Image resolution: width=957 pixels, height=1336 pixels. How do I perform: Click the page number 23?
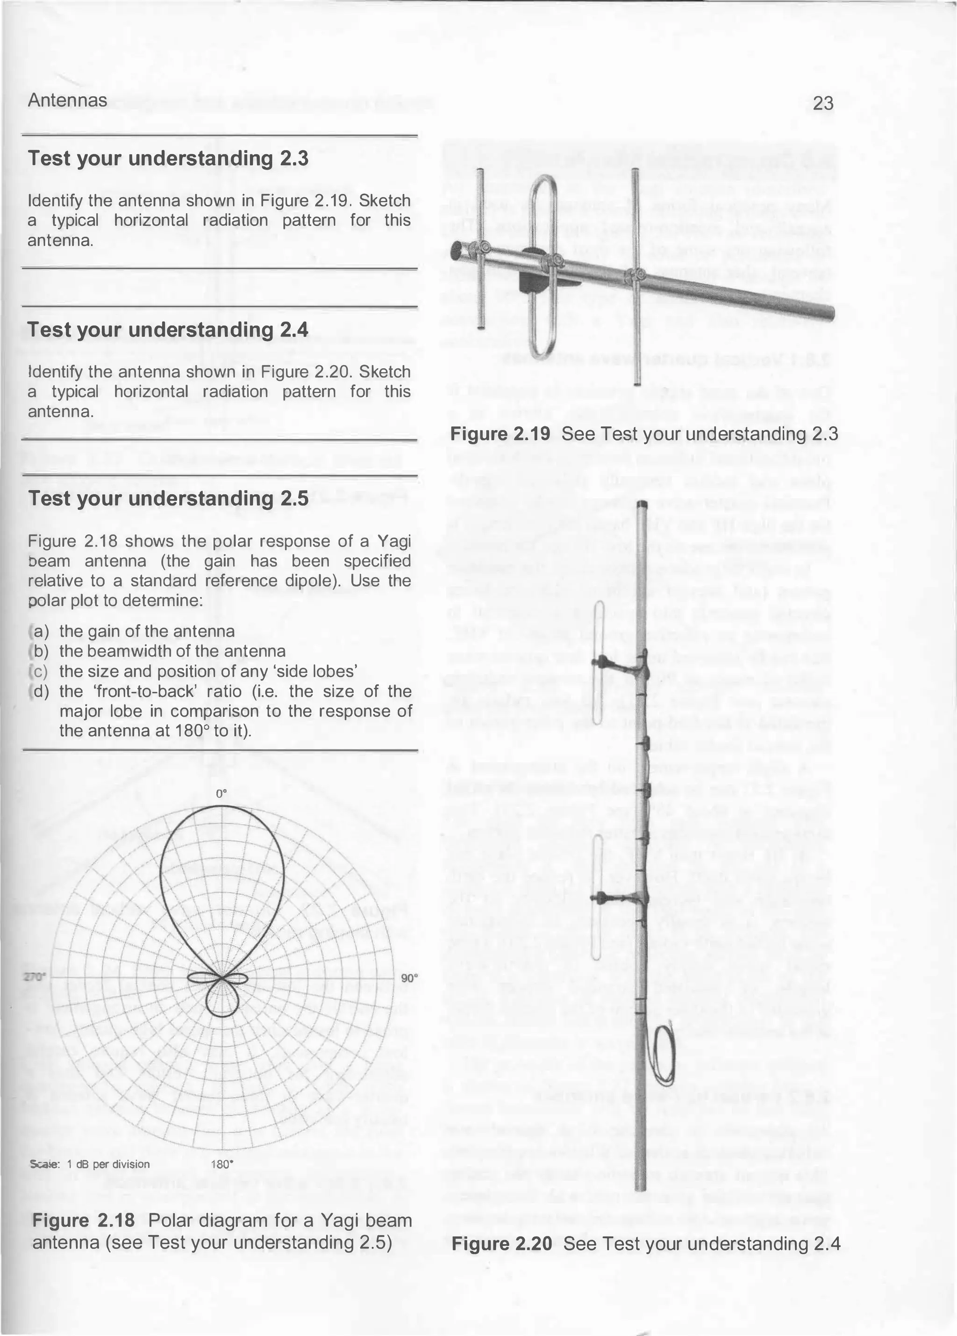[x=823, y=104]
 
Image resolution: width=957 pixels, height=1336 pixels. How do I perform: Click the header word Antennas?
[x=67, y=101]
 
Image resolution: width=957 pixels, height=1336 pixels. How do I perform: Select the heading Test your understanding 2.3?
[x=168, y=158]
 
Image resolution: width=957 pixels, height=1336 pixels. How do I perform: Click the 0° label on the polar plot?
[x=221, y=793]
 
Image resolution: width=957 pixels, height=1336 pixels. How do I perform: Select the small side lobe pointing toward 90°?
[x=242, y=978]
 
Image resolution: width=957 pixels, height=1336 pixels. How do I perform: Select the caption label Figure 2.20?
[x=502, y=1244]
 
